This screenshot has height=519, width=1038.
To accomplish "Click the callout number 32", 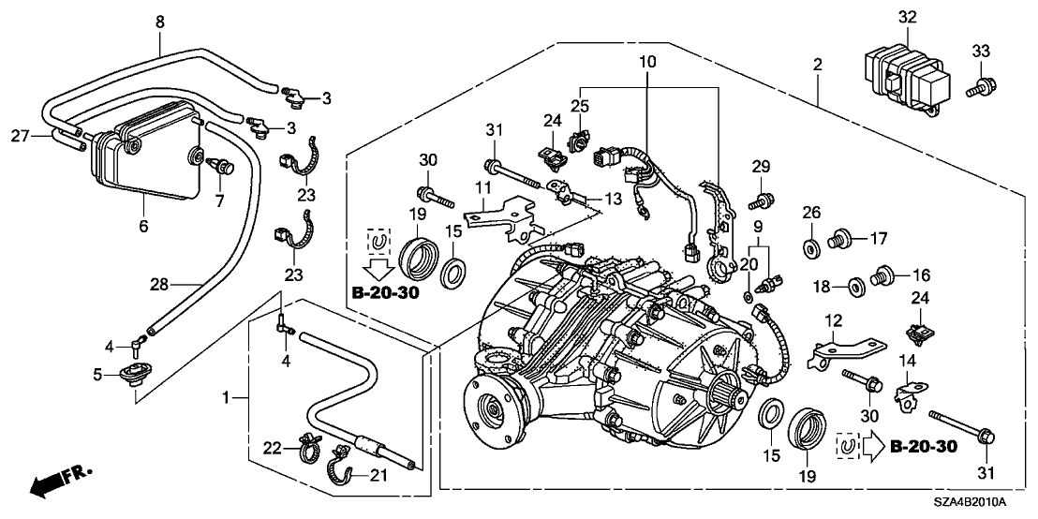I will tap(907, 16).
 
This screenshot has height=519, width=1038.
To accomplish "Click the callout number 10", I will tap(646, 61).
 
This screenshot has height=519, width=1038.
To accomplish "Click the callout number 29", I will tap(761, 166).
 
